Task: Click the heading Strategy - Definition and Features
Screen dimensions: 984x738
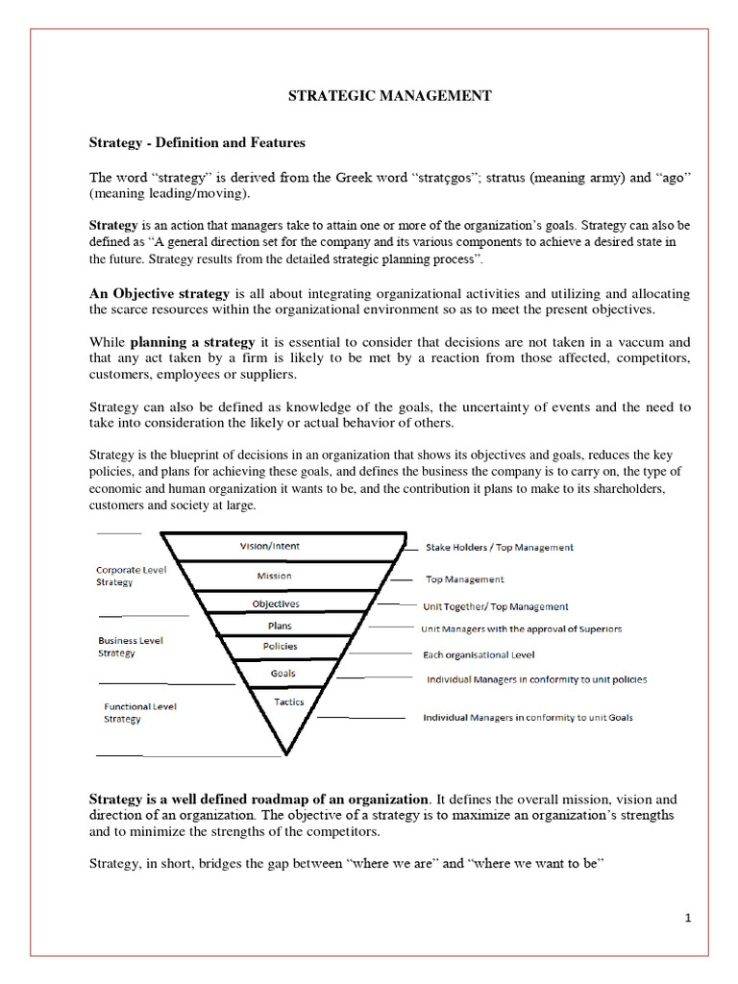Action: tap(197, 142)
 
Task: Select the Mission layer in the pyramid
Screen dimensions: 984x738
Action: tap(274, 576)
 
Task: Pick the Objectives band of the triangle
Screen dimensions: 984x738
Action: tap(276, 603)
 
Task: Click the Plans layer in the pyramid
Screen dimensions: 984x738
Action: tap(280, 626)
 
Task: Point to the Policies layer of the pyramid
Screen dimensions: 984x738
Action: tap(281, 647)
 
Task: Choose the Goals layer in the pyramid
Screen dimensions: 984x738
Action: tap(283, 673)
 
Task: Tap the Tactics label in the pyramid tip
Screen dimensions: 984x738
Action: tap(288, 701)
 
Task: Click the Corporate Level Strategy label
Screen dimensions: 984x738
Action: tap(131, 576)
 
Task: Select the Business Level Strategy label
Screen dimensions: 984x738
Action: tap(130, 647)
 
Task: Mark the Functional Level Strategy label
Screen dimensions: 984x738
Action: tap(140, 712)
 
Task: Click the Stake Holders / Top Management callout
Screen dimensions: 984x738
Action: tap(500, 547)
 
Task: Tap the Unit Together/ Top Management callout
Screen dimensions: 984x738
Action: tap(496, 606)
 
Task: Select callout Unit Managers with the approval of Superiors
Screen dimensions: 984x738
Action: tap(522, 628)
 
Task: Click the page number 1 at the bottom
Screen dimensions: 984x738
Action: tap(688, 919)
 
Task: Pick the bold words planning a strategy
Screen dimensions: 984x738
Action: tap(193, 342)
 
